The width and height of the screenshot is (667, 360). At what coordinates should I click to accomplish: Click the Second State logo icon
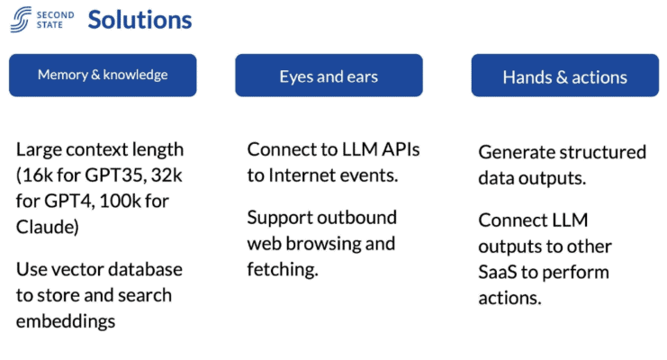[22, 19]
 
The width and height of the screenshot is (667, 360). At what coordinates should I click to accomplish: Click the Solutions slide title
[139, 20]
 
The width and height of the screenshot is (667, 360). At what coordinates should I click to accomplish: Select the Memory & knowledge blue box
[103, 76]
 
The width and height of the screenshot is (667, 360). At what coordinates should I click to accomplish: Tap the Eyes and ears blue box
[329, 76]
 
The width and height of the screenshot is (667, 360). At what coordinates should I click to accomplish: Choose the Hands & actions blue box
[564, 76]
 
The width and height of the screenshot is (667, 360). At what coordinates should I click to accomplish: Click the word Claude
[45, 226]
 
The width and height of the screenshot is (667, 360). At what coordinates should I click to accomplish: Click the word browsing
[327, 244]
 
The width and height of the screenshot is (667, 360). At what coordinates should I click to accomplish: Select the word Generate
[516, 151]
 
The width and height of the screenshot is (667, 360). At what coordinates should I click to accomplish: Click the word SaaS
[500, 272]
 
